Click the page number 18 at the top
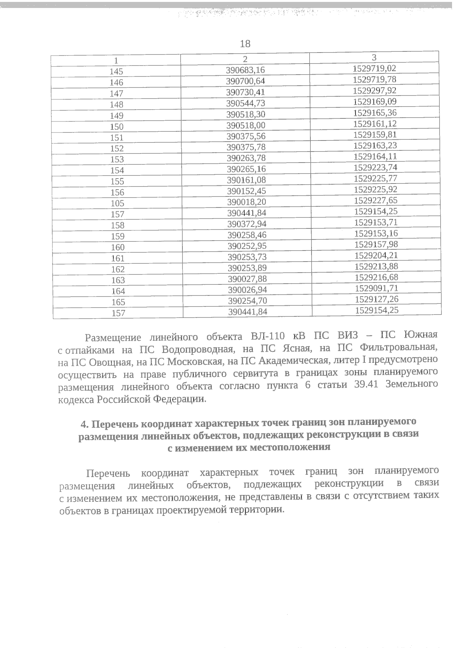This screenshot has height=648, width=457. tap(245, 44)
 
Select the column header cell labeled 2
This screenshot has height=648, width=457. tap(245, 59)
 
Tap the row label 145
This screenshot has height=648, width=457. tap(116, 72)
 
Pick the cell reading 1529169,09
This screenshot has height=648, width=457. tap(375, 102)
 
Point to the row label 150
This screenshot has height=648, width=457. tap(117, 127)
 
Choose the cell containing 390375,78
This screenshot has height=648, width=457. tap(246, 147)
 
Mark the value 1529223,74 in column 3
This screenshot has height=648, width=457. tap(376, 167)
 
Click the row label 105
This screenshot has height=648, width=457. tap(117, 204)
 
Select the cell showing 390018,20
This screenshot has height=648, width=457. tap(246, 202)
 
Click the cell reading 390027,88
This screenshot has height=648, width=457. tap(247, 279)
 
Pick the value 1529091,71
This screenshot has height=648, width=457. tap(377, 288)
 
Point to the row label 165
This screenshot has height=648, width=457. tap(118, 302)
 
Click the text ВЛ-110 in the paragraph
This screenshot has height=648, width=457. tap(265, 337)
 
